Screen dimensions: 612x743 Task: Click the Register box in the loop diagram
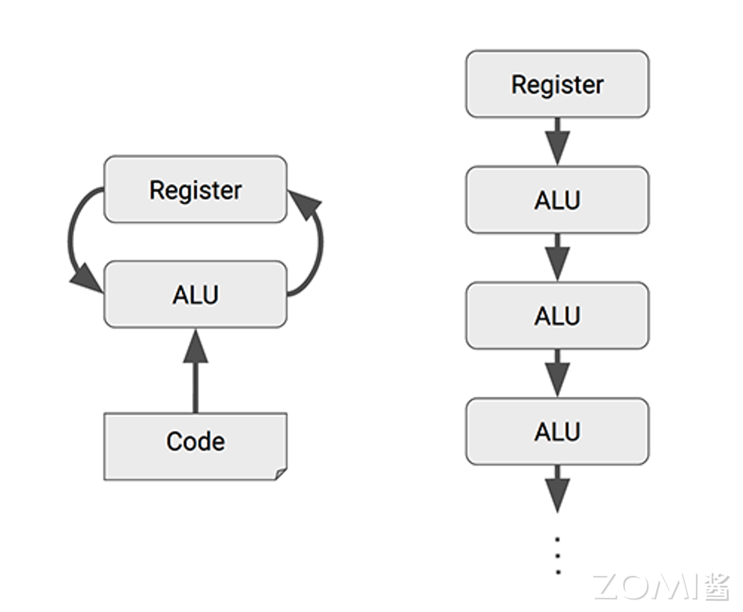click(195, 189)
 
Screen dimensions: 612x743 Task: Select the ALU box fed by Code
click(195, 295)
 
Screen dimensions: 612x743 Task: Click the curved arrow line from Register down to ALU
click(71, 236)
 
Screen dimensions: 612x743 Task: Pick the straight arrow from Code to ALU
click(195, 378)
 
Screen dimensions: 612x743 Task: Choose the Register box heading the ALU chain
click(557, 84)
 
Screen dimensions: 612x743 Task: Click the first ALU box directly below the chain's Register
click(557, 200)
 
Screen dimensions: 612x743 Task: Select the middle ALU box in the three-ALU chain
click(557, 316)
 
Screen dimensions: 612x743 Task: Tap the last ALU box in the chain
click(557, 432)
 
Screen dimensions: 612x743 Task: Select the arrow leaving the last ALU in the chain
click(557, 488)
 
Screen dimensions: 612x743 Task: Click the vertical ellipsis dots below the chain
click(557, 556)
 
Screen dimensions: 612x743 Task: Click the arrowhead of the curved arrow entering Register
click(305, 202)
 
